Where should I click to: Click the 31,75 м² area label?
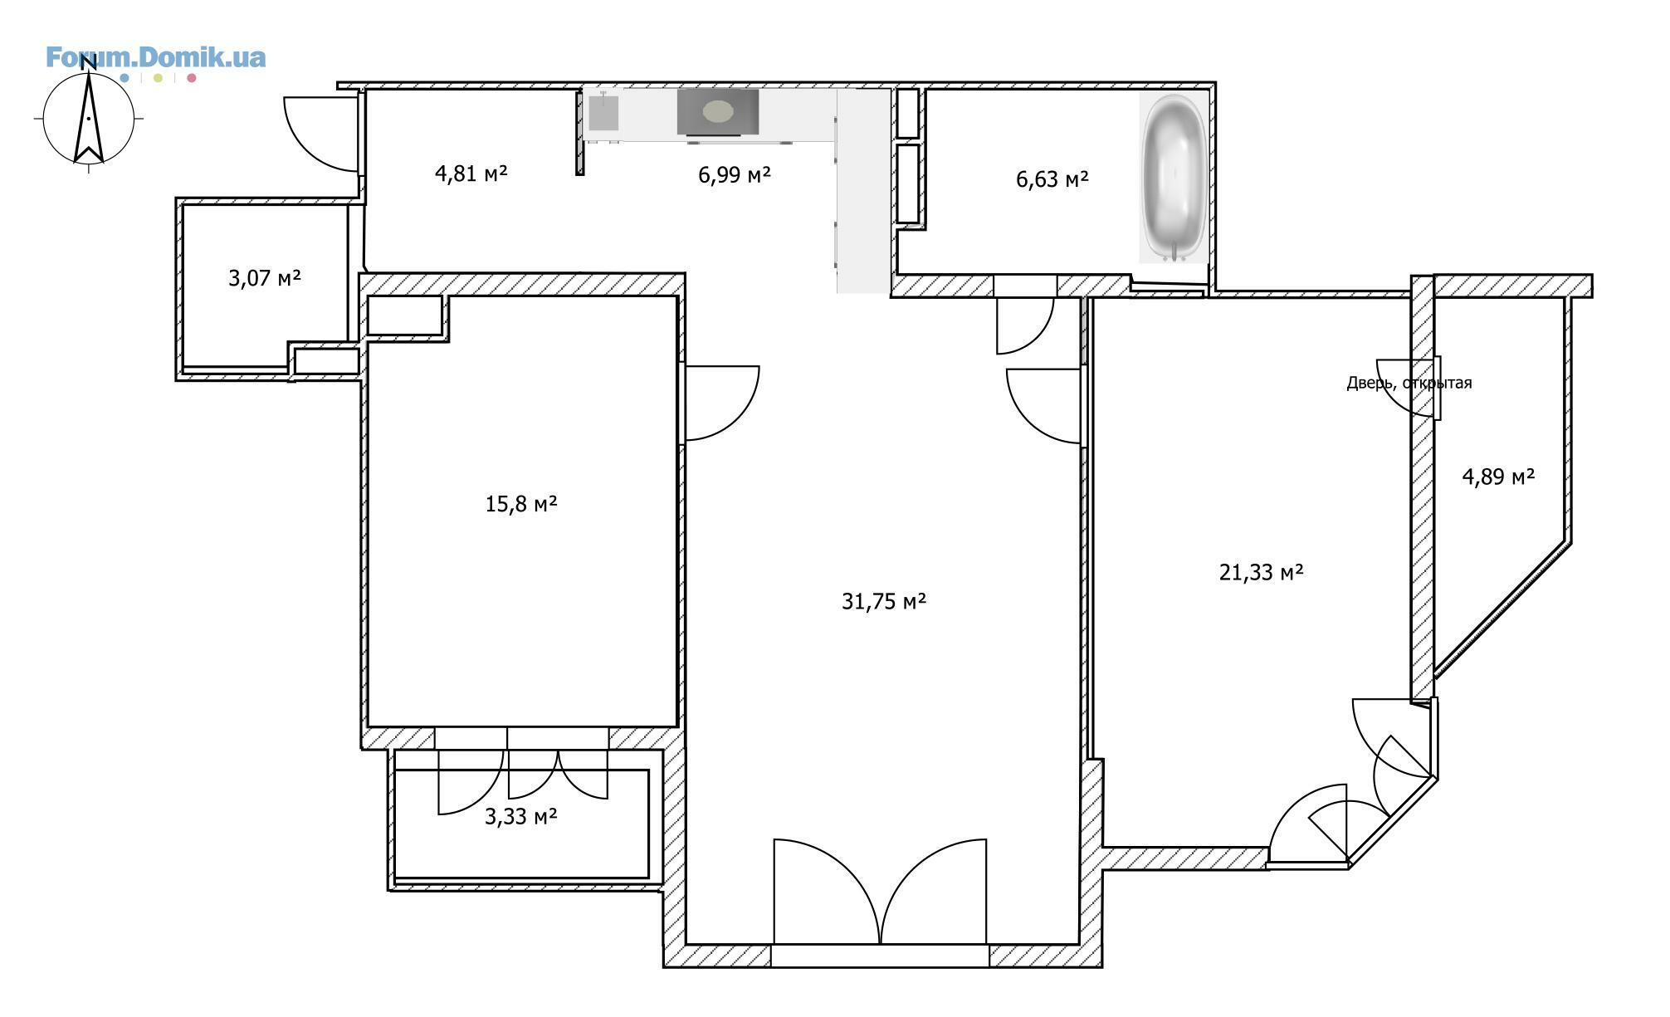click(x=883, y=601)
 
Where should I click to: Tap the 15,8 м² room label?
click(x=520, y=504)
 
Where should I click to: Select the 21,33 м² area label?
click(x=1261, y=572)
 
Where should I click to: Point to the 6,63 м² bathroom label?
click(x=1052, y=178)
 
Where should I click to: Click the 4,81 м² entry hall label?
click(x=471, y=174)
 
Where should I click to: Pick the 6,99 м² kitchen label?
click(x=735, y=174)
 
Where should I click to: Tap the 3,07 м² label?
click(x=264, y=277)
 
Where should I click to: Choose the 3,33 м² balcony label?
click(x=520, y=816)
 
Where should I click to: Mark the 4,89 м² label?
click(x=1497, y=477)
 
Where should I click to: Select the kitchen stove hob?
click(x=718, y=112)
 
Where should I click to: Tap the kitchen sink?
click(x=603, y=113)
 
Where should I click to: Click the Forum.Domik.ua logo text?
click(x=155, y=57)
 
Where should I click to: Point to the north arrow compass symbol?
click(x=89, y=119)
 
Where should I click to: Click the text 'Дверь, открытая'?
click(x=1409, y=383)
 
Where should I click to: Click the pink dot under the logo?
click(x=192, y=78)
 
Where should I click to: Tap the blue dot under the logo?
click(x=125, y=78)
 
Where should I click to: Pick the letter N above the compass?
click(x=89, y=64)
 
